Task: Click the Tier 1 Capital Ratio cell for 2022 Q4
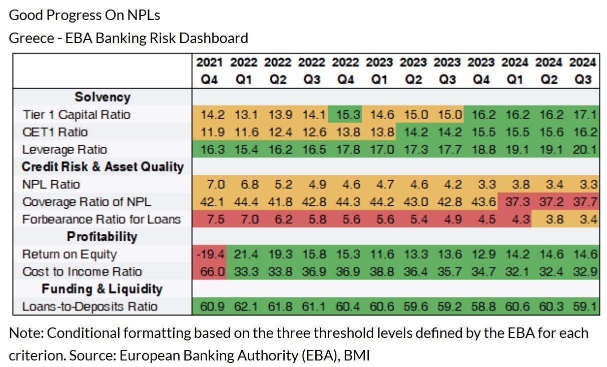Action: (346, 115)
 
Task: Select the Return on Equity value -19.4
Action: (210, 254)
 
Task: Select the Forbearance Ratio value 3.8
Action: (549, 219)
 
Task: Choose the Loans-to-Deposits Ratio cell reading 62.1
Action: (244, 306)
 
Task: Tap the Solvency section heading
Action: (103, 97)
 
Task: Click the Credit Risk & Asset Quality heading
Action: (103, 167)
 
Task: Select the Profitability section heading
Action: (103, 236)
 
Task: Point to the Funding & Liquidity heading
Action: (103, 289)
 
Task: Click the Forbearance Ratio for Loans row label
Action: (102, 219)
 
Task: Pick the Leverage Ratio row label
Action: (65, 150)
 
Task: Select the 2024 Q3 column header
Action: (583, 71)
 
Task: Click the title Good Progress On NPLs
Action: (85, 15)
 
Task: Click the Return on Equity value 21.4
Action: (244, 254)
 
